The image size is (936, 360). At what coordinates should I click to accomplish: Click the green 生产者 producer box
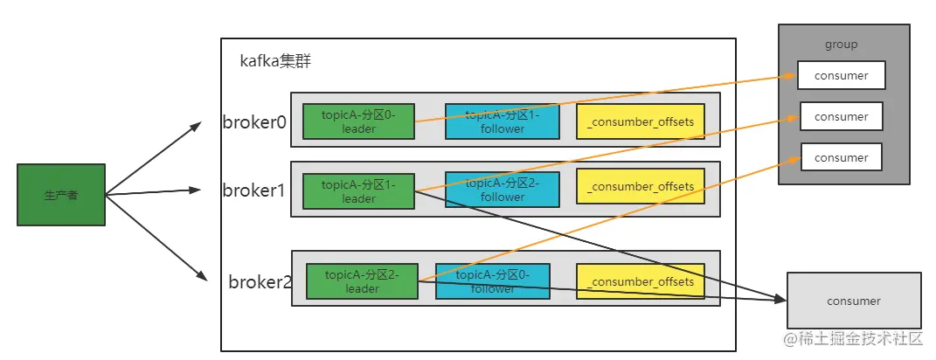(x=61, y=195)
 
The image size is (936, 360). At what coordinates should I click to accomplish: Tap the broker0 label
(x=254, y=122)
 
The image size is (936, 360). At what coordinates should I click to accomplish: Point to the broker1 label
(x=253, y=190)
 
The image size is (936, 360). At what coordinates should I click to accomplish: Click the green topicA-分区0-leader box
(x=358, y=121)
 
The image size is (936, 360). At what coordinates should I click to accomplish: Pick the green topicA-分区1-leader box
(x=358, y=191)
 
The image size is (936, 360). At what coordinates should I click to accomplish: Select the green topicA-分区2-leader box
(x=362, y=280)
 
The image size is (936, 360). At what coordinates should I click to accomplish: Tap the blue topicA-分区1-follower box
(x=502, y=121)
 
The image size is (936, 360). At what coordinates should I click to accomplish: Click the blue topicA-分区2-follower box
(x=502, y=190)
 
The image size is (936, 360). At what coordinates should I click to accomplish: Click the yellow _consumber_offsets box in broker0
(x=641, y=121)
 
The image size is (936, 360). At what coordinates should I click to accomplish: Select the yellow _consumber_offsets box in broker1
(x=641, y=186)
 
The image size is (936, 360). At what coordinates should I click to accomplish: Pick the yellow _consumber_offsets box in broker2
(x=641, y=281)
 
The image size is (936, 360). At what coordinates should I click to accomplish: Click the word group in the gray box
(x=841, y=45)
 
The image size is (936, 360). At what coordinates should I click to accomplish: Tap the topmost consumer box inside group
(x=841, y=75)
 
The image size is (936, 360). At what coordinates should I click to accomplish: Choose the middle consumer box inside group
(x=841, y=116)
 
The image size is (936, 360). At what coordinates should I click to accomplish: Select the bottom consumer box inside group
(x=841, y=157)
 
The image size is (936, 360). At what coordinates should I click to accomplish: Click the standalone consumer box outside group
(x=854, y=301)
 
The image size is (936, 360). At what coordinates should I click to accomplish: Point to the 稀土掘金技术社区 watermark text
(x=861, y=338)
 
